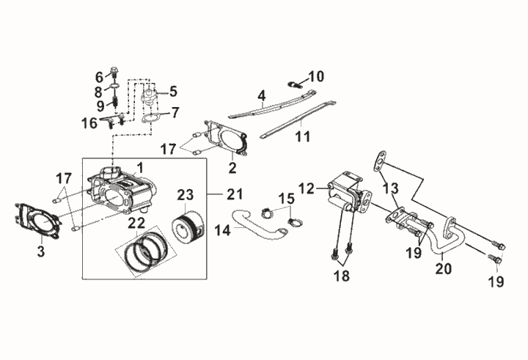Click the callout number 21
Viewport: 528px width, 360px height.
coord(235,194)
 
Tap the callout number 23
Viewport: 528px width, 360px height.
coord(186,194)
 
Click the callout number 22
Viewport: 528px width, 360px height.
coord(136,224)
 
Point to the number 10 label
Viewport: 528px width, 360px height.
coord(315,76)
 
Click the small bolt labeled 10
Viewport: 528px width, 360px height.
coord(294,84)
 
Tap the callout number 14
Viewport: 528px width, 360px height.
coord(223,231)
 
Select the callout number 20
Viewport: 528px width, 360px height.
coord(443,268)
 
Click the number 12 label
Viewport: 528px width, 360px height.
coord(306,188)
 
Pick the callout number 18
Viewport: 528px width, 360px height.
coord(342,276)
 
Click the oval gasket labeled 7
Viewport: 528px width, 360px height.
coord(151,119)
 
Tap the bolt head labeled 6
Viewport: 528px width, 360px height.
coord(115,71)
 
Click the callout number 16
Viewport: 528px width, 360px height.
coord(89,123)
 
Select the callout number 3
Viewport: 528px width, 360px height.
coord(41,251)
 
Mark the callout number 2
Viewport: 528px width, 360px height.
coord(232,168)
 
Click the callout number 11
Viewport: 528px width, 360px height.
coord(302,136)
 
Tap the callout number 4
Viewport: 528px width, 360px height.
coord(262,96)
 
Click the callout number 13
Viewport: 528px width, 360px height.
coord(390,188)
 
